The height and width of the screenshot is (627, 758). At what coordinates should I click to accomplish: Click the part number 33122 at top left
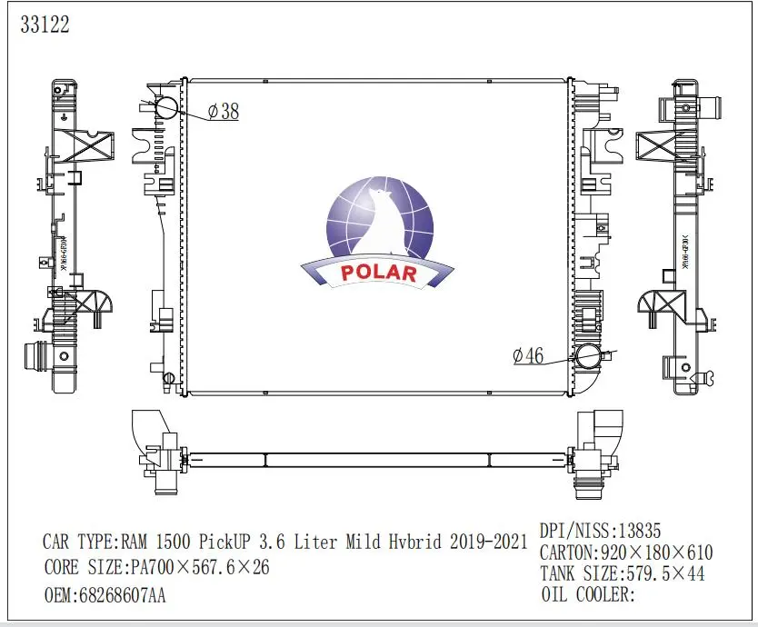click(x=45, y=25)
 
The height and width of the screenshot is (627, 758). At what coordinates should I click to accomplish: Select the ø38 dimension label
click(x=224, y=112)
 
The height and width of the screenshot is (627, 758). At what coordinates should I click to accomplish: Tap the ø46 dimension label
click(x=528, y=357)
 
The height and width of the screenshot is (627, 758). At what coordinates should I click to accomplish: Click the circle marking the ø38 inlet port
click(x=167, y=108)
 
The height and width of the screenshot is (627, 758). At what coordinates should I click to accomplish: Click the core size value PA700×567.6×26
click(x=194, y=569)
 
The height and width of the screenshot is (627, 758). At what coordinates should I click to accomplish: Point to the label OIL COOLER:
click(x=587, y=595)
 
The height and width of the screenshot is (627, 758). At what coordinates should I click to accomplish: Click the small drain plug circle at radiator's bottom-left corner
click(x=168, y=378)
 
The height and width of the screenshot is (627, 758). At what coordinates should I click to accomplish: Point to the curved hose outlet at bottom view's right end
click(x=606, y=428)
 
